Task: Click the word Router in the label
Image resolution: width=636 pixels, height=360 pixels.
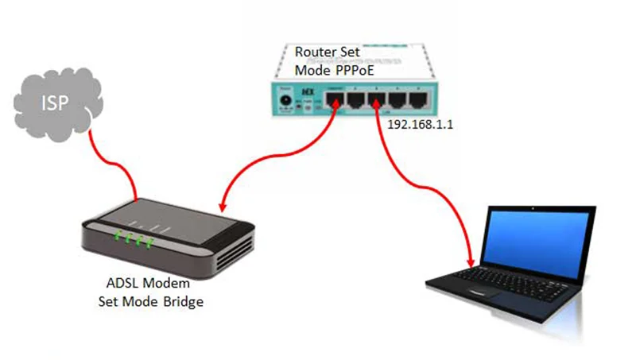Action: coord(313,52)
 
